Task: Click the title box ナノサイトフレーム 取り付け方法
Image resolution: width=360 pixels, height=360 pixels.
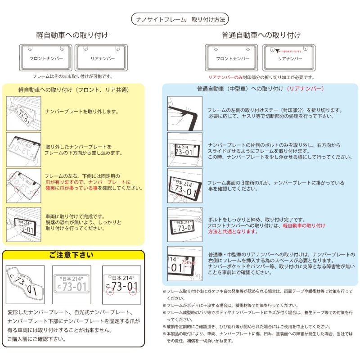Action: (180, 20)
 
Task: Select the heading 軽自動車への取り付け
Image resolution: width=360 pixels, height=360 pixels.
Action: (72, 35)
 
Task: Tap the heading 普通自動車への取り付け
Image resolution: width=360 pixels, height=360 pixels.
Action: (261, 35)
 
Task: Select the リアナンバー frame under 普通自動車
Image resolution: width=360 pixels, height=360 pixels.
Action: (289, 58)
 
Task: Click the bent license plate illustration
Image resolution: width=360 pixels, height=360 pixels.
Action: (25, 284)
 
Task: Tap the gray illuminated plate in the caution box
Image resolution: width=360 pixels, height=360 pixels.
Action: (71, 284)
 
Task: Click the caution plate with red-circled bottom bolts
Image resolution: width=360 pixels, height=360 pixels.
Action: (121, 284)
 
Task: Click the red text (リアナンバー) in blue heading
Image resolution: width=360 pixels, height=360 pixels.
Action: (305, 89)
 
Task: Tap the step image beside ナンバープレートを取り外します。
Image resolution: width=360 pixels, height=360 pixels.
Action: (23, 112)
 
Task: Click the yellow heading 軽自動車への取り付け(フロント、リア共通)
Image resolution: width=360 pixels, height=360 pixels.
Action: (73, 90)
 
